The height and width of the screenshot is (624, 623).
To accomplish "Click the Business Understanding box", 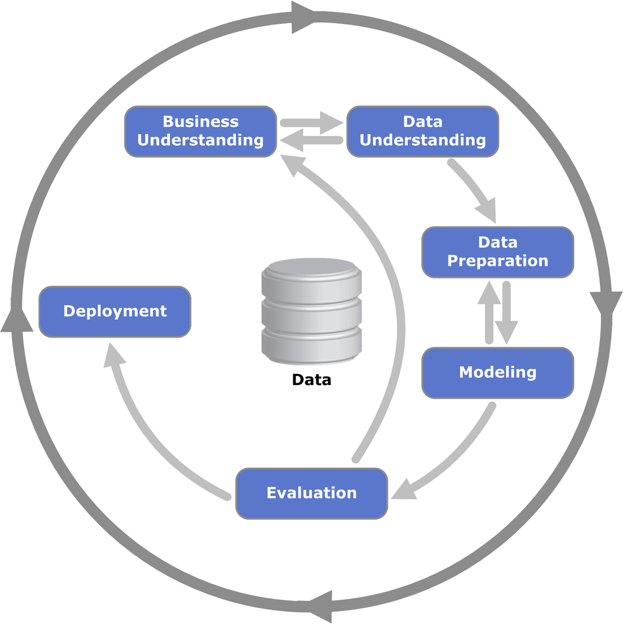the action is coord(201,132).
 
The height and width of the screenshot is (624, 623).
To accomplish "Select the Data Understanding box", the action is coord(423,132).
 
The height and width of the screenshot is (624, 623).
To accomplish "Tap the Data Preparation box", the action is coord(497,252).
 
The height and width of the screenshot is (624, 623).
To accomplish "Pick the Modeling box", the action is coord(497,372).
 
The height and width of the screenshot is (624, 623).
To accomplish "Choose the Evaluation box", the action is coord(311,494).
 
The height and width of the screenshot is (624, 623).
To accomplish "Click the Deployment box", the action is coord(115,311).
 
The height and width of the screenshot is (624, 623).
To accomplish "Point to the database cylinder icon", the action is coord(311,311).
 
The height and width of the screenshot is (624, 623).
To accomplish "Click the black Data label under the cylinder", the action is coord(311,380).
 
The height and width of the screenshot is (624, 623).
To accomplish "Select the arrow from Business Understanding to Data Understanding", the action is coord(311,123).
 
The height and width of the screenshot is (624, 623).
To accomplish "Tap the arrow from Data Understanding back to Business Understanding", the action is coord(311,140).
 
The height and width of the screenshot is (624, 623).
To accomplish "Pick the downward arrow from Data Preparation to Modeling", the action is coord(507,313).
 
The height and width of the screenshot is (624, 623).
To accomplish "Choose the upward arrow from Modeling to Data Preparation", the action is coord(489,311).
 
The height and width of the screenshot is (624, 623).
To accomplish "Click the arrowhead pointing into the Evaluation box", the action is coord(404,490).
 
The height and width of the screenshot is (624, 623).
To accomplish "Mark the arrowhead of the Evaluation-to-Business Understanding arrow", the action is coord(292,165).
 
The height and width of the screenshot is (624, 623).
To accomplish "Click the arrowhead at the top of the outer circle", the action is coord(304,17).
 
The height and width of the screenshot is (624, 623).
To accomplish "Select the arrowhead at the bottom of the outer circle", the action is coord(321,607).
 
